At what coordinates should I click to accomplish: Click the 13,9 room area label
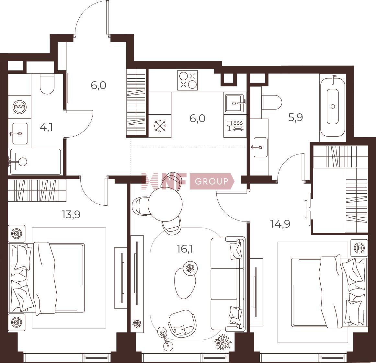pyautogui.click(x=71, y=214)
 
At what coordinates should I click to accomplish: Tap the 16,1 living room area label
pyautogui.click(x=185, y=249)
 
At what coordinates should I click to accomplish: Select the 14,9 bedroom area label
pyautogui.click(x=280, y=224)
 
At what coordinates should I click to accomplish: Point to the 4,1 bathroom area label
pyautogui.click(x=46, y=127)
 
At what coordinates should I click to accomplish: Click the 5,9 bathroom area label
pyautogui.click(x=296, y=118)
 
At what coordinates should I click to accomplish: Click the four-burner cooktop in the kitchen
pyautogui.click(x=188, y=80)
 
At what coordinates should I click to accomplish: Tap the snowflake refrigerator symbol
pyautogui.click(x=160, y=126)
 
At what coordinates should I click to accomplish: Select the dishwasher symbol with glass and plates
pyautogui.click(x=235, y=126)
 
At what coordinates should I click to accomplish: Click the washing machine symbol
pyautogui.click(x=19, y=107)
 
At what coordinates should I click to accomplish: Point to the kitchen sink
pyautogui.click(x=235, y=103)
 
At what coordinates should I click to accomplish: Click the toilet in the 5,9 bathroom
pyautogui.click(x=271, y=102)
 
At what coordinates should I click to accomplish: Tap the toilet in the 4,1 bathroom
pyautogui.click(x=47, y=84)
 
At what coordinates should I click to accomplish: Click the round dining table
pyautogui.click(x=165, y=204)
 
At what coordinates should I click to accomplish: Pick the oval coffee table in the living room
pyautogui.click(x=185, y=283)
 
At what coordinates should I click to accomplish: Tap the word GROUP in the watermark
pyautogui.click(x=211, y=181)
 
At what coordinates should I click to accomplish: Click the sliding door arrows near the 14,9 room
pyautogui.click(x=306, y=209)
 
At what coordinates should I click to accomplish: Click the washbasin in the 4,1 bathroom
pyautogui.click(x=20, y=133)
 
